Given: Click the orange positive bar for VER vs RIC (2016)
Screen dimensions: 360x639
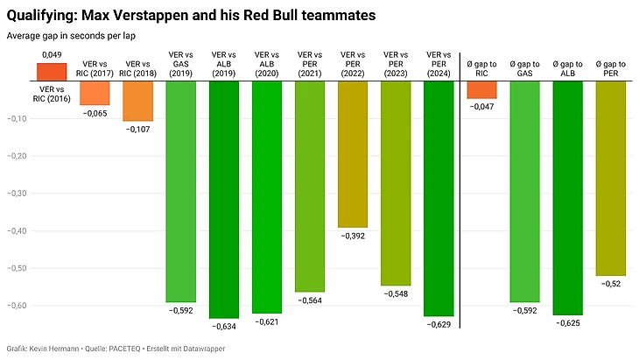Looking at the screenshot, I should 51,72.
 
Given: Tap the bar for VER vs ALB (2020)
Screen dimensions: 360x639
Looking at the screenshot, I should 267,197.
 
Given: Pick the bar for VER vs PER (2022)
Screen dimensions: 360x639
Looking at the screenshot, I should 353,154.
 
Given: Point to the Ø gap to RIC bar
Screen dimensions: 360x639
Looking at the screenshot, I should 481,89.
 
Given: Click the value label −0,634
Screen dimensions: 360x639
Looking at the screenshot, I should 224,326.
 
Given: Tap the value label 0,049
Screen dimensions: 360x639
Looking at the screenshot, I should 51,54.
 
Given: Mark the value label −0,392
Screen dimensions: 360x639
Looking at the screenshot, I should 353,236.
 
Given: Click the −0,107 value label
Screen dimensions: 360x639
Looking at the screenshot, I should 138,129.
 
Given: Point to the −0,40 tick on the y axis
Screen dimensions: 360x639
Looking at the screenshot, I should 18,231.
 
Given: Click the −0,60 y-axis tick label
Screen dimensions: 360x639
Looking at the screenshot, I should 18,306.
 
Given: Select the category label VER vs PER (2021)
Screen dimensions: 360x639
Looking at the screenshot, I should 310,67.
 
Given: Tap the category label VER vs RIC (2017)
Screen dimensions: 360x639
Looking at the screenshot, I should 95,69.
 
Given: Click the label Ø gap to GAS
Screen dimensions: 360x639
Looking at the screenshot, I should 524,69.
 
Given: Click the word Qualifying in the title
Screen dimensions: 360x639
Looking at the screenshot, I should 40,15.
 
